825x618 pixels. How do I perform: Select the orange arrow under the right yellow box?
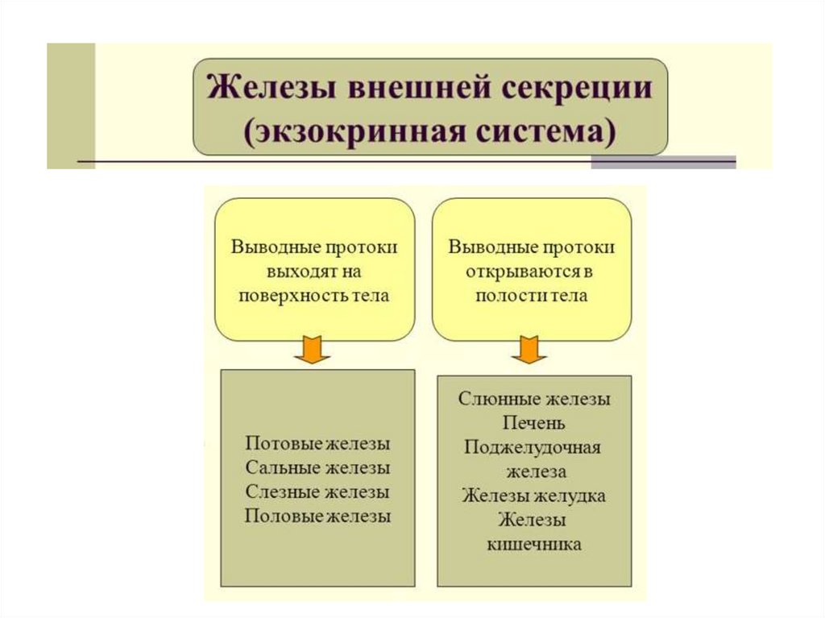[529, 350]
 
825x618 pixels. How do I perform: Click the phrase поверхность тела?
[314, 296]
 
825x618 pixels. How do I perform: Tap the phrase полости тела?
[531, 296]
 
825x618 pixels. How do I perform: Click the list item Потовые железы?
[317, 444]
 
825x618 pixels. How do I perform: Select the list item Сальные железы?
[317, 468]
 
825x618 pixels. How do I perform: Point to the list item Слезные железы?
[317, 491]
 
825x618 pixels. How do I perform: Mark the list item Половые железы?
[317, 516]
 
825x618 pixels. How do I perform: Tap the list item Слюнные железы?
[534, 399]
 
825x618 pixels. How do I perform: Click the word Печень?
[534, 423]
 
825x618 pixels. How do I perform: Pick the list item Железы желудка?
[534, 496]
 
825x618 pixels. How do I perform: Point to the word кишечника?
[534, 545]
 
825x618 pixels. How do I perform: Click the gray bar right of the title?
[663, 161]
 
